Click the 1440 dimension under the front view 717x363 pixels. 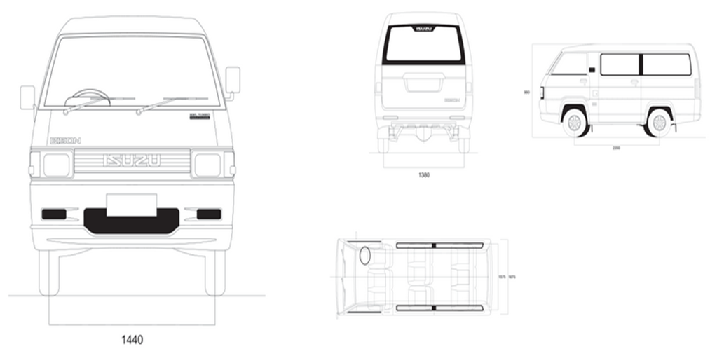(x=131, y=340)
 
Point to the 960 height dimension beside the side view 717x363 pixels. (x=526, y=92)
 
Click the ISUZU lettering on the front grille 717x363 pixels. (x=132, y=161)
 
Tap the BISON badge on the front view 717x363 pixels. (x=65, y=140)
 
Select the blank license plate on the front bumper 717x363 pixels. (x=131, y=205)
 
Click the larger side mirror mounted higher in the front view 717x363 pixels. (x=233, y=80)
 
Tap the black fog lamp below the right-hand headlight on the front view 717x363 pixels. (x=208, y=214)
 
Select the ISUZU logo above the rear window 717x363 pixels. (x=423, y=28)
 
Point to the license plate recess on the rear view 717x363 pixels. (x=423, y=85)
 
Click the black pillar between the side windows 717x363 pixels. (x=640, y=64)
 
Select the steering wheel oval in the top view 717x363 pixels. (x=365, y=256)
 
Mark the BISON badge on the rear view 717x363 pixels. (x=453, y=100)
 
